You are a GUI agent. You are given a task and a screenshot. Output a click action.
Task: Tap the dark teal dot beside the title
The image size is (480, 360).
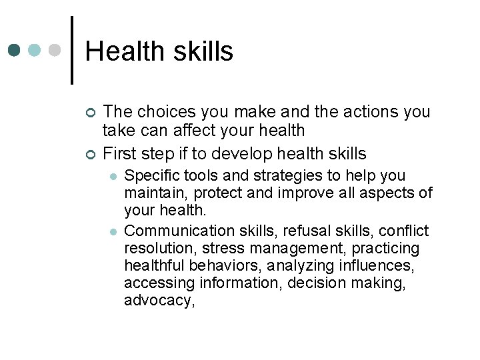tap(15, 51)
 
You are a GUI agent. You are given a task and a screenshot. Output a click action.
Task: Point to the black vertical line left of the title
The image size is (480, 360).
tap(72, 50)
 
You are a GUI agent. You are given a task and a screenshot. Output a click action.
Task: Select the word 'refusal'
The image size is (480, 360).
tap(306, 231)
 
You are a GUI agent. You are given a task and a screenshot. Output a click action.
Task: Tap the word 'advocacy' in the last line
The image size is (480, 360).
tap(157, 301)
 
